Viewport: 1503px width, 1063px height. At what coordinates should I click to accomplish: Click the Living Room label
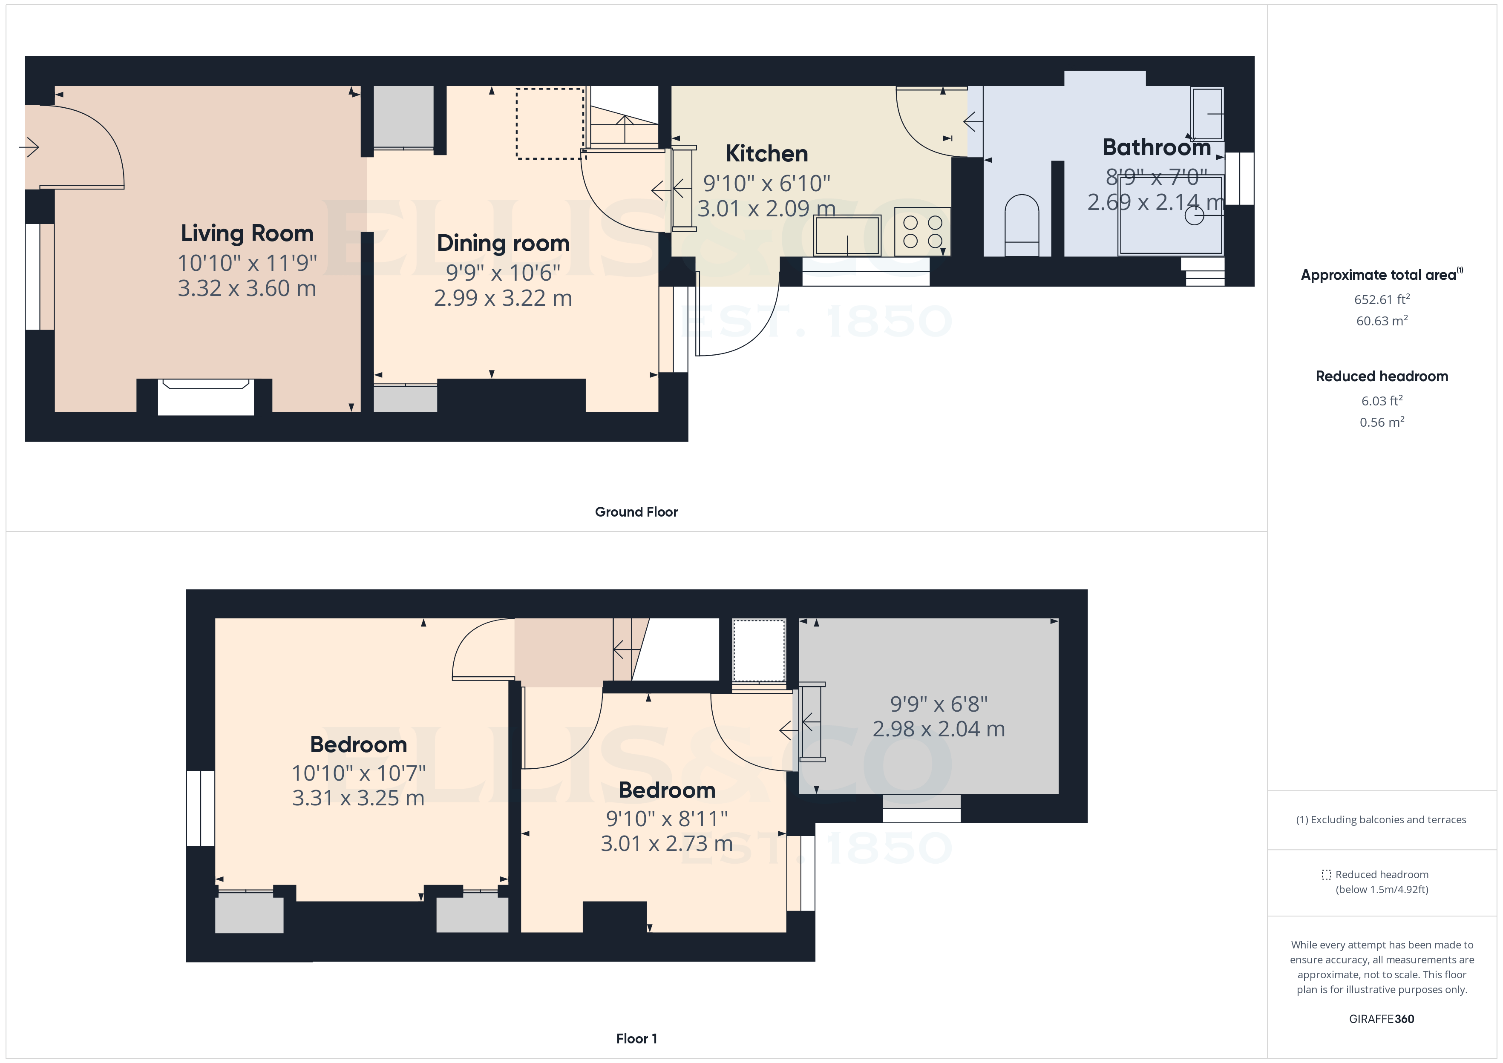pyautogui.click(x=247, y=233)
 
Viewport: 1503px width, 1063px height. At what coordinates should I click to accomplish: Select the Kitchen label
pyautogui.click(x=766, y=153)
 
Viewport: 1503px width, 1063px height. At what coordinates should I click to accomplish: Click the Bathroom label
pyautogui.click(x=1156, y=147)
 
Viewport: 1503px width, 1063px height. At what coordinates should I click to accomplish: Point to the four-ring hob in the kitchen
pyautogui.click(x=922, y=232)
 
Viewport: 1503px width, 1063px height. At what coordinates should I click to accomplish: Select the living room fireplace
pyautogui.click(x=205, y=396)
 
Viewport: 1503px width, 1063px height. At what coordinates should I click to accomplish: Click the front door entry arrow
pyautogui.click(x=29, y=147)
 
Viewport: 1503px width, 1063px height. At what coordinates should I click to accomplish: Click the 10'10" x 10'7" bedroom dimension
pyautogui.click(x=358, y=773)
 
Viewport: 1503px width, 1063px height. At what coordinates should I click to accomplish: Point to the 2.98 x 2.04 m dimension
pyautogui.click(x=938, y=729)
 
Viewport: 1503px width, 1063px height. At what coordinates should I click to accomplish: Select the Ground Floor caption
pyautogui.click(x=636, y=512)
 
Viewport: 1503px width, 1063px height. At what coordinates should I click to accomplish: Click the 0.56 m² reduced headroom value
pyautogui.click(x=1381, y=422)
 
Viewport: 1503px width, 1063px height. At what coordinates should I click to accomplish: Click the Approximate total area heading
pyautogui.click(x=1380, y=275)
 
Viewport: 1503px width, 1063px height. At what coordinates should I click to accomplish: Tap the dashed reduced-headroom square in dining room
pyautogui.click(x=550, y=124)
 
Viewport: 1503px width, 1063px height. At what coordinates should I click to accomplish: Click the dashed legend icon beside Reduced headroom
pyautogui.click(x=1326, y=874)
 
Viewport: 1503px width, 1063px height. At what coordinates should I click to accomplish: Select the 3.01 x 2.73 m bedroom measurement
pyautogui.click(x=666, y=843)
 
